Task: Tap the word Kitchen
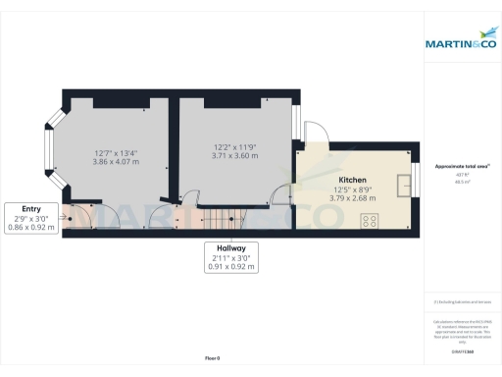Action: tap(352, 182)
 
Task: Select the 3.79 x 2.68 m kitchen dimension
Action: tap(352, 197)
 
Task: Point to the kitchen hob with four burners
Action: tap(369, 221)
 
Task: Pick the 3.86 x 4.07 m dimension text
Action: tap(115, 161)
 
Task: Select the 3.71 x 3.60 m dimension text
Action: tap(236, 156)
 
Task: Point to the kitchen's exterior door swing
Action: tap(312, 134)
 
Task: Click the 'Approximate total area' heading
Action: tap(462, 169)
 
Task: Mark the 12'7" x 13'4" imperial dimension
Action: tap(115, 152)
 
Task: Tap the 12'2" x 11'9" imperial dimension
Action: tap(236, 148)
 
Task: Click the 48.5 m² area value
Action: tap(462, 183)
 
